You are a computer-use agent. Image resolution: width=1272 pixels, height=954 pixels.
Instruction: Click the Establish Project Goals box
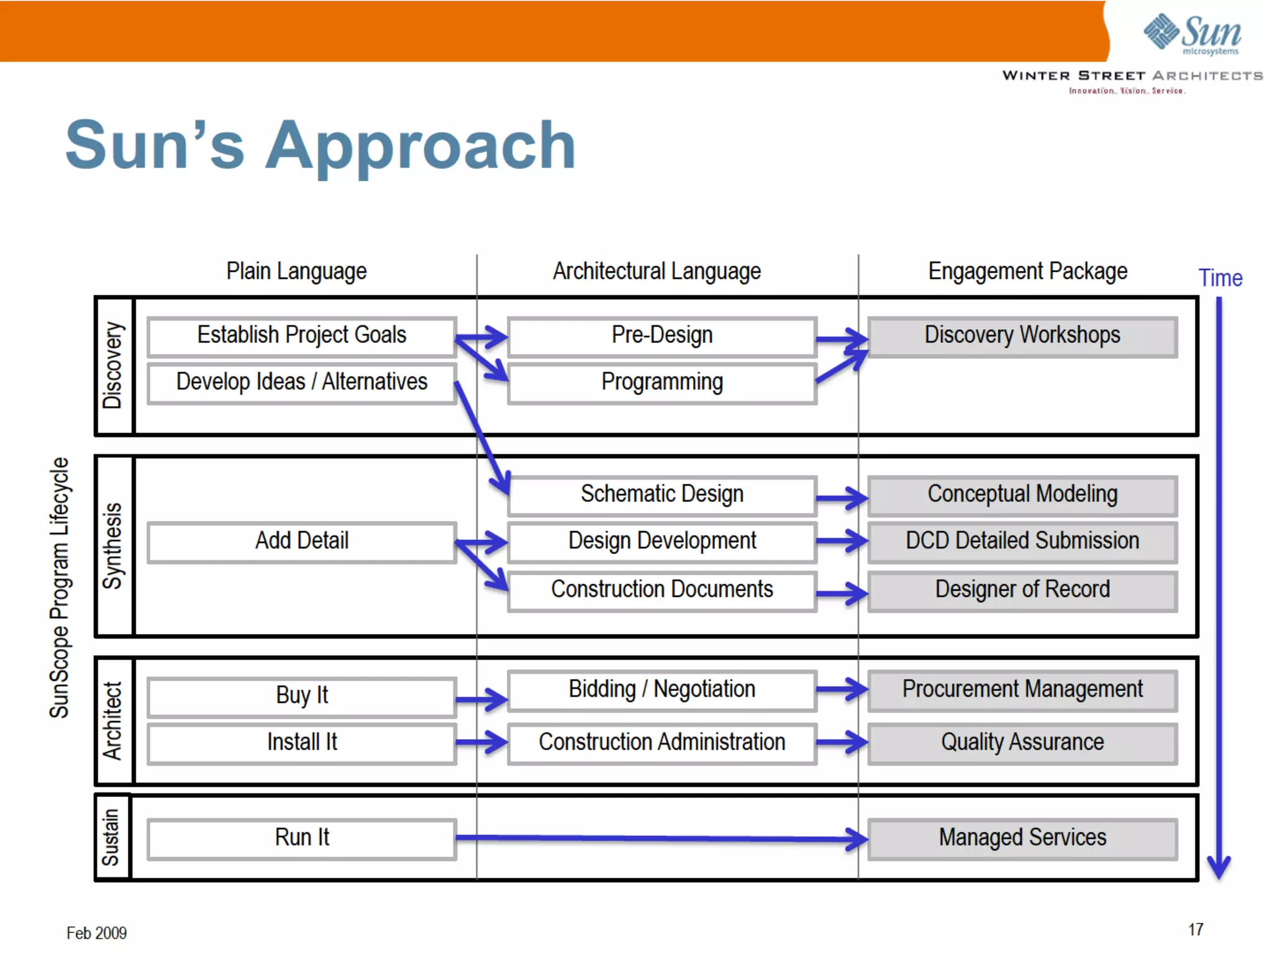pyautogui.click(x=302, y=336)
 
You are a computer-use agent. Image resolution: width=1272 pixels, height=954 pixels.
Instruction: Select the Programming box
pyautogui.click(x=662, y=383)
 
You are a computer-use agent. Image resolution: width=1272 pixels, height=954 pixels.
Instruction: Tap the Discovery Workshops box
pyautogui.click(x=1022, y=336)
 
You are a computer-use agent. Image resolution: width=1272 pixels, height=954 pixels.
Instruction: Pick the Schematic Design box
pyautogui.click(x=662, y=495)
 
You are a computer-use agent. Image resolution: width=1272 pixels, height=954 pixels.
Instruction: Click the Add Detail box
pyautogui.click(x=302, y=542)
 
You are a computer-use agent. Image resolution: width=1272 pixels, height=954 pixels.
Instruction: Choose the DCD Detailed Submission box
pyautogui.click(x=1022, y=542)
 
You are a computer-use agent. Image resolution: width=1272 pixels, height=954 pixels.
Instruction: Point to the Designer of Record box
pyautogui.click(x=1022, y=590)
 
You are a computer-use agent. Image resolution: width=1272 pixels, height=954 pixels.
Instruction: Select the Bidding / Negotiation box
pyautogui.click(x=662, y=690)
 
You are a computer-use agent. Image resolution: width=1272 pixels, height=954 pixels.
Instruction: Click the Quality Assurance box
pyautogui.click(x=1022, y=743)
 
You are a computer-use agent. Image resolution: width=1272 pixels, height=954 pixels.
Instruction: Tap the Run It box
pyautogui.click(x=302, y=838)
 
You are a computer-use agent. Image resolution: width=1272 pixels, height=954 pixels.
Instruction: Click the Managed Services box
pyautogui.click(x=1022, y=838)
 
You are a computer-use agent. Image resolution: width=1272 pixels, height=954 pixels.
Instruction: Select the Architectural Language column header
pyautogui.click(x=656, y=272)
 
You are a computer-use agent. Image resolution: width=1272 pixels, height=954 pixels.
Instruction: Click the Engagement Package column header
pyautogui.click(x=1027, y=272)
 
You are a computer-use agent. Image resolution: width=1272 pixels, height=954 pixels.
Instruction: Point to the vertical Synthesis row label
pyautogui.click(x=113, y=546)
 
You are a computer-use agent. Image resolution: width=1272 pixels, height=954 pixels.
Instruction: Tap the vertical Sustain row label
pyautogui.click(x=111, y=837)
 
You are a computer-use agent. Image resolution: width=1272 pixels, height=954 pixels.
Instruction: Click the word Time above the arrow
pyautogui.click(x=1220, y=278)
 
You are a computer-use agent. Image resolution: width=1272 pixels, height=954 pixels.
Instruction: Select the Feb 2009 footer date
pyautogui.click(x=96, y=933)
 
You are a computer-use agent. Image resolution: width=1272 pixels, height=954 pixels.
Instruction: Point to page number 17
pyautogui.click(x=1196, y=930)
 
